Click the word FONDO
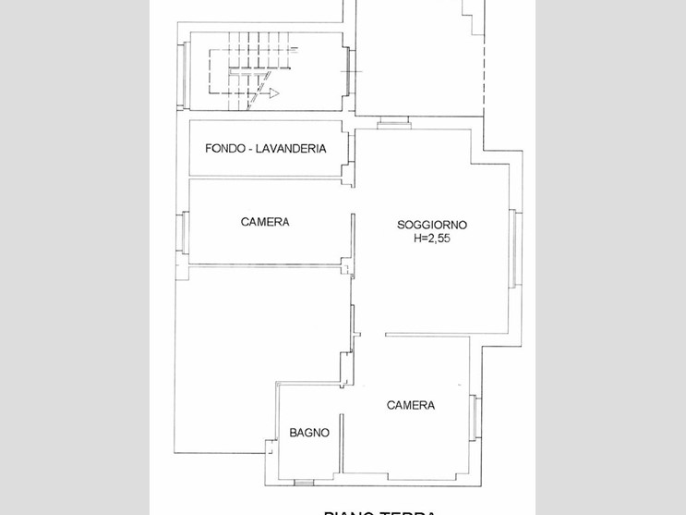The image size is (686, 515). tap(225, 149)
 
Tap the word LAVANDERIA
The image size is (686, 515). tap(291, 149)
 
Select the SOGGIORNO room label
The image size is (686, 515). tap(432, 225)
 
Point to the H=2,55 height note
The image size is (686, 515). tap(432, 239)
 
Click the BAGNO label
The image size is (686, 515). tap(309, 433)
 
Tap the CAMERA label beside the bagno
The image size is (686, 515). tap(411, 405)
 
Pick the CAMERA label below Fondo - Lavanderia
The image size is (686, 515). tap(265, 222)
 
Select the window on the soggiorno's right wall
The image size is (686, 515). tap(516, 250)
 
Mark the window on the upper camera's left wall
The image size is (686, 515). tap(184, 234)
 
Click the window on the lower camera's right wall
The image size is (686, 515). tap(475, 417)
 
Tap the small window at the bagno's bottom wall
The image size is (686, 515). tap(304, 482)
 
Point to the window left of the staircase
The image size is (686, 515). tap(184, 71)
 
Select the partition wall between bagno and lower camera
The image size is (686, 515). tap(343, 435)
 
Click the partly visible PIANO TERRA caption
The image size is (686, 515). tap(379, 511)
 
